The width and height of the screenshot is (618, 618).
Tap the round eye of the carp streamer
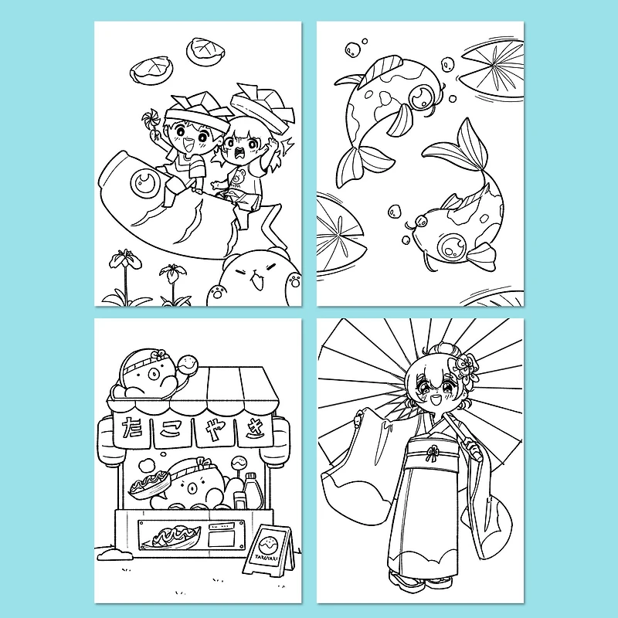pos(144,182)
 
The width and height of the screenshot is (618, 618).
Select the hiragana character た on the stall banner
pos(131,426)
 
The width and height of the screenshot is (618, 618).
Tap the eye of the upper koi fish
pos(422,97)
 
